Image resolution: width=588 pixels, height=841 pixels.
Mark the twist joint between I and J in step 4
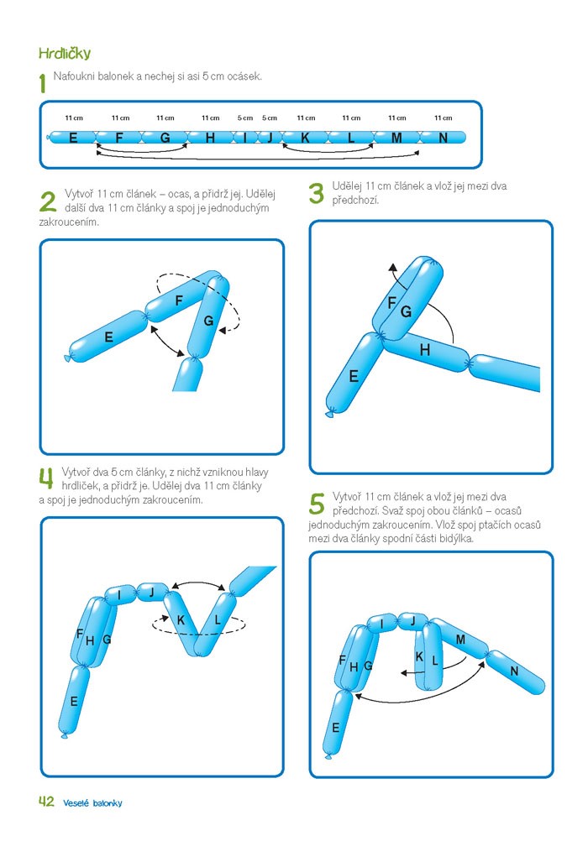click(x=134, y=592)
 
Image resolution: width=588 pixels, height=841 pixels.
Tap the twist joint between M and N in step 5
click(x=487, y=654)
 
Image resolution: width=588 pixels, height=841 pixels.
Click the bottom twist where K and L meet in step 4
click(x=197, y=653)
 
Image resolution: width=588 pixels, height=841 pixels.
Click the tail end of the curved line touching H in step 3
click(x=454, y=342)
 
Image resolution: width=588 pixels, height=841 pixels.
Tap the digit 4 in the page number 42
click(x=43, y=802)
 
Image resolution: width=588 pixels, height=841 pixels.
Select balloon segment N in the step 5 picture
click(x=515, y=672)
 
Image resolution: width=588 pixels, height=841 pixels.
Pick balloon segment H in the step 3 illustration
click(x=425, y=351)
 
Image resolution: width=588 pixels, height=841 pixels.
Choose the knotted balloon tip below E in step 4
click(x=64, y=734)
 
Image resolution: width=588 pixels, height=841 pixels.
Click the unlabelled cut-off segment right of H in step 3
click(x=505, y=372)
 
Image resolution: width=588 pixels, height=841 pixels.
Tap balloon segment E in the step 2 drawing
click(x=108, y=337)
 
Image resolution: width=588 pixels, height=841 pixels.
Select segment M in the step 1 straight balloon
click(x=396, y=138)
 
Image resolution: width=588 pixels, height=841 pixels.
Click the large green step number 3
click(x=317, y=193)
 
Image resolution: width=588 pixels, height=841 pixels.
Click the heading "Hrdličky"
click(x=65, y=53)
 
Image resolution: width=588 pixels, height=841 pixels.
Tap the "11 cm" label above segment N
click(x=443, y=118)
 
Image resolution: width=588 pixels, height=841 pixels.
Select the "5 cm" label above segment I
click(x=245, y=118)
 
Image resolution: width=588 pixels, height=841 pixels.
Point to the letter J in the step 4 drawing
click(x=151, y=592)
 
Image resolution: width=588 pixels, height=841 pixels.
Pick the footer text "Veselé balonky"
click(x=92, y=803)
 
